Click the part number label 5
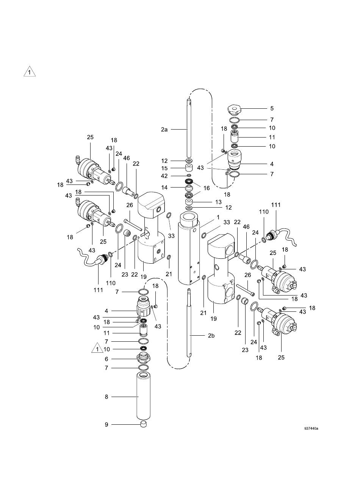[272, 108]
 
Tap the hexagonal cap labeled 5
[233, 109]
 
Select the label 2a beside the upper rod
[164, 130]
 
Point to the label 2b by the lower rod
[211, 336]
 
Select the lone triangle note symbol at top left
[30, 72]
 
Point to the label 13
[219, 202]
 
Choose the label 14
[164, 188]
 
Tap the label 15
[164, 168]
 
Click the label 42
[164, 176]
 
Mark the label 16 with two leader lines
[207, 188]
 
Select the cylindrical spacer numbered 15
[189, 168]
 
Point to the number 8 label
[106, 397]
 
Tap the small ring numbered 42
[189, 176]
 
